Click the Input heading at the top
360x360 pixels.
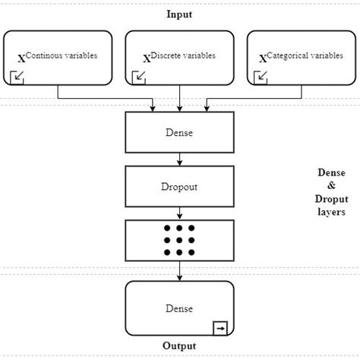[x=179, y=14]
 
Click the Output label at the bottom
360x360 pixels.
[x=179, y=346]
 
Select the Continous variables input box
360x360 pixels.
[x=58, y=57]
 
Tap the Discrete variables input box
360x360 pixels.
[x=179, y=57]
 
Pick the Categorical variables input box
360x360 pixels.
[x=302, y=57]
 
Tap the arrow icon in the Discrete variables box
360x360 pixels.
[x=139, y=76]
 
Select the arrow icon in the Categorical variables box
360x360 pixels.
[x=262, y=76]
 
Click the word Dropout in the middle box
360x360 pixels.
[x=179, y=185]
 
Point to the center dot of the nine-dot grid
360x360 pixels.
[x=179, y=239]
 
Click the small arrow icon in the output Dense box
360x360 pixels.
[x=220, y=328]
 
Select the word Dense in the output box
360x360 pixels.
[x=179, y=308]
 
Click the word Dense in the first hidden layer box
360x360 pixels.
[x=179, y=133]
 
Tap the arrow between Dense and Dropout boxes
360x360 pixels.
[x=179, y=159]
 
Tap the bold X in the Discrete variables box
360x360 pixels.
[x=147, y=59]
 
